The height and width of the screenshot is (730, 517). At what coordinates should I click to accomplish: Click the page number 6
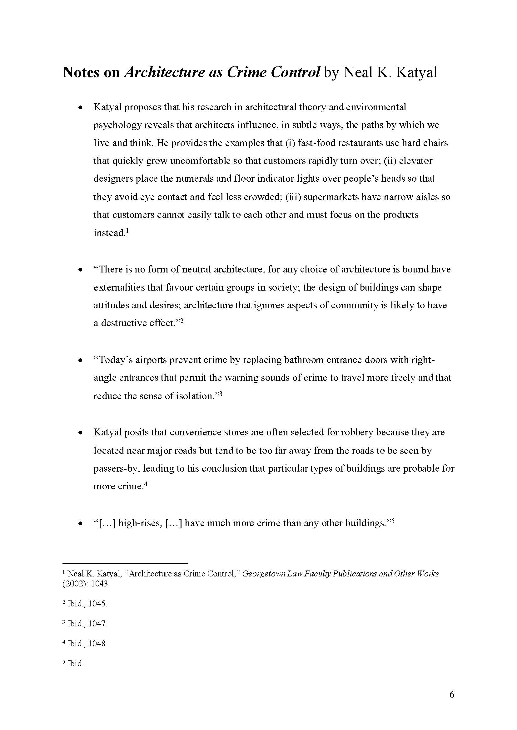(x=452, y=694)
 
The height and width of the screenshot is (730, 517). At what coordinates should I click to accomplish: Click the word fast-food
(x=316, y=143)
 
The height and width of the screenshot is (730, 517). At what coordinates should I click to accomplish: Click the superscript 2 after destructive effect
(x=182, y=321)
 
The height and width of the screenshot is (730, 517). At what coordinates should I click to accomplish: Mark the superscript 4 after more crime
(x=146, y=484)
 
